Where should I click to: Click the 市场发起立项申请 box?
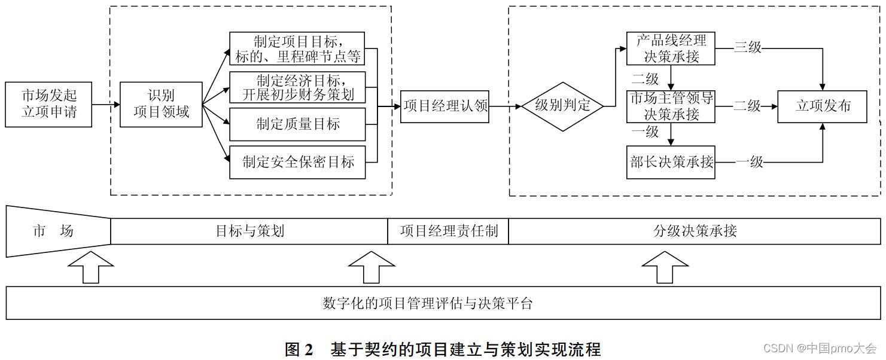(48, 105)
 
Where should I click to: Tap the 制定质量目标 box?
(297, 124)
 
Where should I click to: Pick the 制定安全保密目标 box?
(297, 161)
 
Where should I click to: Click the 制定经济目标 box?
(297, 87)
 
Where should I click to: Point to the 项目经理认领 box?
(445, 106)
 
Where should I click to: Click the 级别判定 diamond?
(562, 106)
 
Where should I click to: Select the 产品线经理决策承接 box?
(671, 48)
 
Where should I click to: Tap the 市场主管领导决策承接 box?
(671, 106)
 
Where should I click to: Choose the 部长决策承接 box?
(671, 161)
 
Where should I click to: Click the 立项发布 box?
(822, 106)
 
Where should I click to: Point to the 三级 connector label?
(748, 47)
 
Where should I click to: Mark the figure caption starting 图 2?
(442, 349)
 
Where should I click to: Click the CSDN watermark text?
(820, 348)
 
